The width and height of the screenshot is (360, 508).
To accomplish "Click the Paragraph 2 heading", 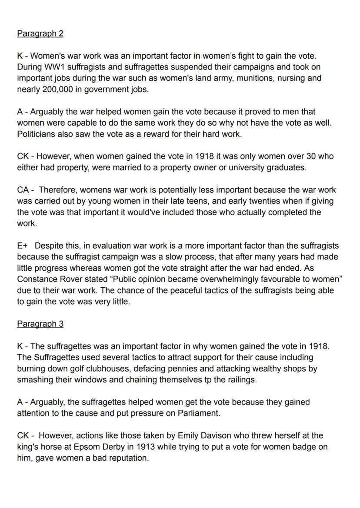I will (x=40, y=33).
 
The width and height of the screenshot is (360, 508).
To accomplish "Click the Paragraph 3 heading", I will (x=40, y=324).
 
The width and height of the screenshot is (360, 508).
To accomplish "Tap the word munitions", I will (x=254, y=79).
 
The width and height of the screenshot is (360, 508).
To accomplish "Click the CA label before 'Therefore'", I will (x=23, y=190).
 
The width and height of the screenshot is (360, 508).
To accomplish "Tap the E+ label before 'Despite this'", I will (x=22, y=246).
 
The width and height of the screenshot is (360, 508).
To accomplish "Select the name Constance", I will (x=38, y=279).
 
